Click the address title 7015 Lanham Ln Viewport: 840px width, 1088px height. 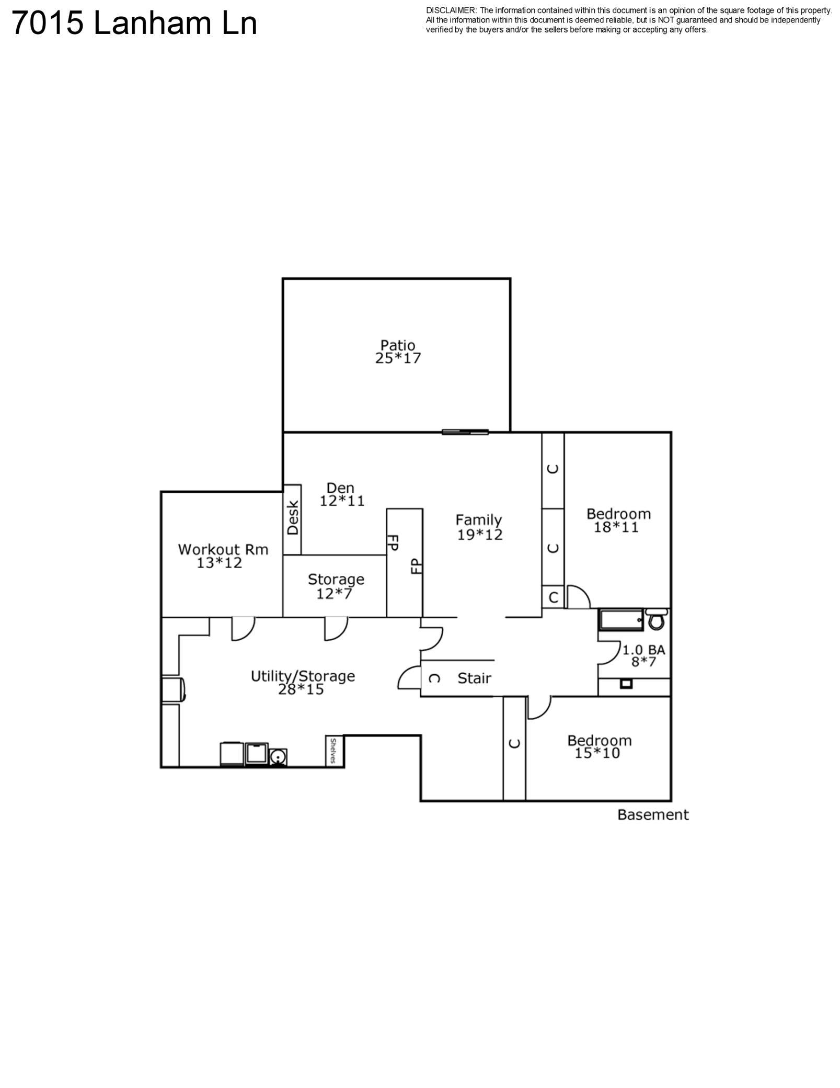pos(134,24)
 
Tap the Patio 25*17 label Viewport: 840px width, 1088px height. pos(398,352)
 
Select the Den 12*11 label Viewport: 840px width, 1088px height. pos(342,494)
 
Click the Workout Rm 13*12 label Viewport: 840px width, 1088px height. pos(223,556)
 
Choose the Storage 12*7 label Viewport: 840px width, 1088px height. pos(336,586)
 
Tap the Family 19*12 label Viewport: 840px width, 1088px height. pos(479,527)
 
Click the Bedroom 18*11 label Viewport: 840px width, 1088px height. pos(618,520)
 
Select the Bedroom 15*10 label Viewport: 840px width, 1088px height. pos(599,746)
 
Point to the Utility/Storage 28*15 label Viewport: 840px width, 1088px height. pos(303,682)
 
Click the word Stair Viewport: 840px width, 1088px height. pos(474,678)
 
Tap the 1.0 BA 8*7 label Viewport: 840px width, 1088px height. pos(643,656)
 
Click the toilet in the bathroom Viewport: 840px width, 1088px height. pos(656,619)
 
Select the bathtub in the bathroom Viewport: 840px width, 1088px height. pos(620,620)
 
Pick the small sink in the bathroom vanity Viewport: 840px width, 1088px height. pos(626,684)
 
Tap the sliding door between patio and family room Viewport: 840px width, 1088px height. pos(465,432)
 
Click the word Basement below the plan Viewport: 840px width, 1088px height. pos(653,815)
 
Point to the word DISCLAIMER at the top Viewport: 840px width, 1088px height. pos(451,10)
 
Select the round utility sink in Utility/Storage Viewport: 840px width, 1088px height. pos(278,756)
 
